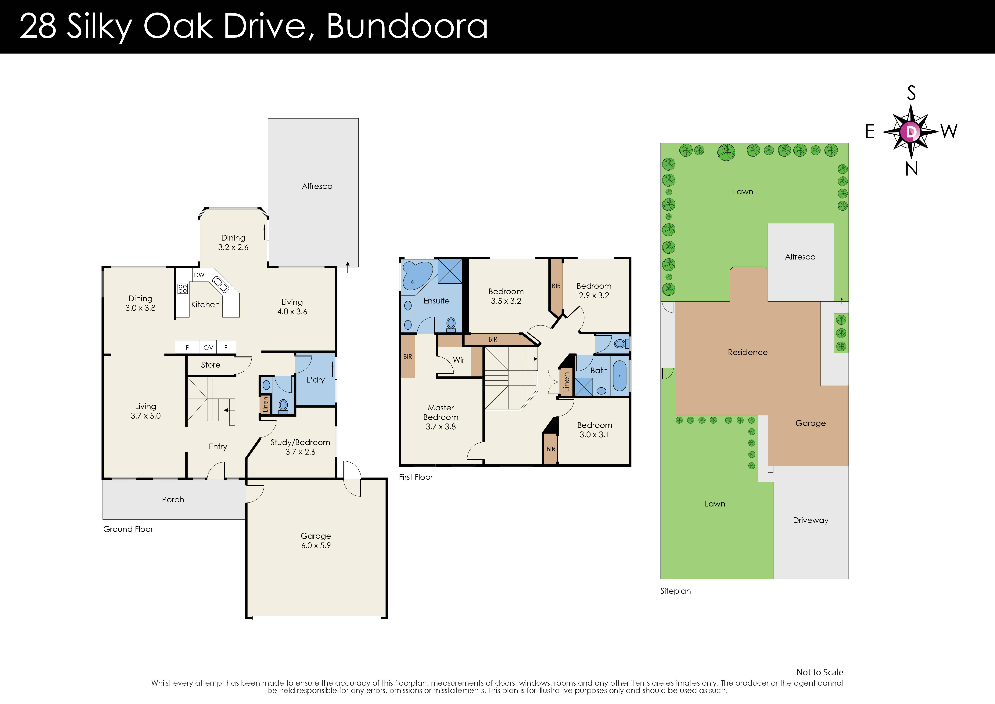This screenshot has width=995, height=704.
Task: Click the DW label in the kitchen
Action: click(x=199, y=275)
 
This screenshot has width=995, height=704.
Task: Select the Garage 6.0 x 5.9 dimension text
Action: click(x=316, y=545)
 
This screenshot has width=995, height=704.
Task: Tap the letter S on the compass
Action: click(x=911, y=93)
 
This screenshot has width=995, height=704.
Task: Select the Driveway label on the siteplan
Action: click(x=810, y=520)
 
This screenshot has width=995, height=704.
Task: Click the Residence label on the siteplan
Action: click(x=748, y=352)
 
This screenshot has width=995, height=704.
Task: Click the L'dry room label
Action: click(x=315, y=380)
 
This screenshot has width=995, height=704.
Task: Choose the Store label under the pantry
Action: click(x=211, y=365)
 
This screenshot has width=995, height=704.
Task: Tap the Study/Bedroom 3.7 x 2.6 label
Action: click(x=300, y=447)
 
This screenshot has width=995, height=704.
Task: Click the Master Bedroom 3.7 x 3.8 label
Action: click(x=441, y=417)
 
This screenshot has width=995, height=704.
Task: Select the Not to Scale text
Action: click(x=820, y=672)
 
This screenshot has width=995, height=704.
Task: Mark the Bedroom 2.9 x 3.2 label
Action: click(x=594, y=290)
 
